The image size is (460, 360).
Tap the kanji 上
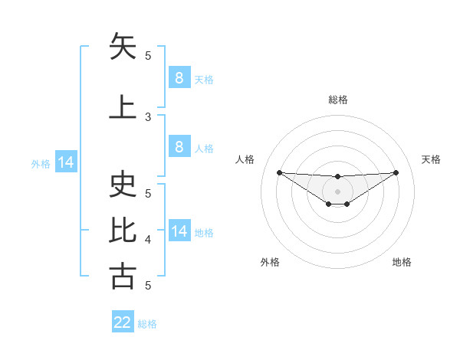123,106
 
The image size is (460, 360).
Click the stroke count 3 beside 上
148,117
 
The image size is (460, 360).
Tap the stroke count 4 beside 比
148,240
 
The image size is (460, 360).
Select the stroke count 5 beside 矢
148,55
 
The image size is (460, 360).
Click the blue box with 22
123,322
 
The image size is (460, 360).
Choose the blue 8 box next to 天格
179,77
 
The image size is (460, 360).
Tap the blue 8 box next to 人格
179,147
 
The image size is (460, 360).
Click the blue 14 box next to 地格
179,231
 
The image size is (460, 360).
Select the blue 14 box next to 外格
65,162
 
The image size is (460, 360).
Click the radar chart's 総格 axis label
337,100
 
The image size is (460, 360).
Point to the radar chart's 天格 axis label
431,159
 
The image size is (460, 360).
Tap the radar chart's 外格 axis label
270,262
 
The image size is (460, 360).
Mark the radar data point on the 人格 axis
279,172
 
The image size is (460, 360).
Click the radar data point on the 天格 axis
396,172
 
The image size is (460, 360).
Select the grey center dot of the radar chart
337,191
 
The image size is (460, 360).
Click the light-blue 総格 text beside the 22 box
147,324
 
